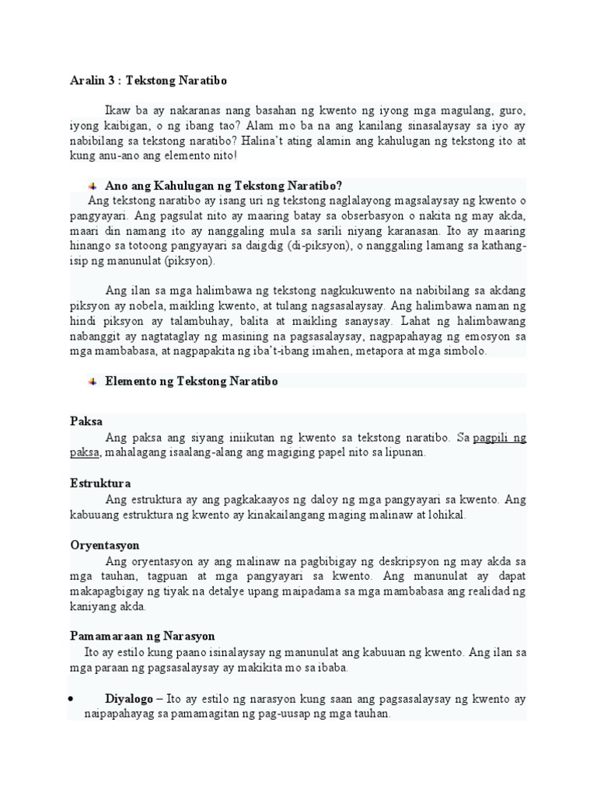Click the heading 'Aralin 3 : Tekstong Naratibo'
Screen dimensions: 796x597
[x=148, y=81]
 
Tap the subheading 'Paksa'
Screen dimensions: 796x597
[x=86, y=421]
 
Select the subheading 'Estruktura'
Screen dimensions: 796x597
[x=100, y=484]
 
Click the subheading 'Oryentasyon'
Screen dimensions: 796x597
[x=105, y=546]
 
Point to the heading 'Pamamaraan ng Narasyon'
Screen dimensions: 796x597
[x=142, y=636]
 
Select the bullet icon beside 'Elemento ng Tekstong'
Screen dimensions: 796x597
[x=93, y=381]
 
